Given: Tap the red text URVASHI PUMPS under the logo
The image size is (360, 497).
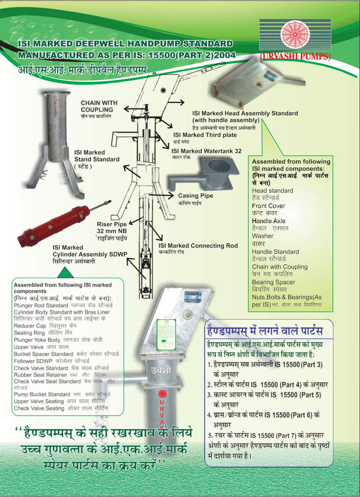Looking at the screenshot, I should pyautogui.click(x=295, y=57).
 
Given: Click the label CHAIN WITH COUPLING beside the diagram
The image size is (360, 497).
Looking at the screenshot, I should pyautogui.click(x=99, y=106).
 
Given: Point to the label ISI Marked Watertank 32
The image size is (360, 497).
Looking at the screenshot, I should pyautogui.click(x=206, y=151).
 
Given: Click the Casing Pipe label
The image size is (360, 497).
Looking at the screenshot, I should pyautogui.click(x=195, y=196).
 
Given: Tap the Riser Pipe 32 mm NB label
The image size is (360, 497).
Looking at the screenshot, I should pyautogui.click(x=112, y=227).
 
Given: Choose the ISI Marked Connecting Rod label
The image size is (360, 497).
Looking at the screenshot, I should pyautogui.click(x=198, y=246).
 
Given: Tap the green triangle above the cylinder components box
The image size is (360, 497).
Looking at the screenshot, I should pyautogui.click(x=64, y=273).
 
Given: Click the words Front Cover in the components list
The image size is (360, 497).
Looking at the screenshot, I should pyautogui.click(x=268, y=206).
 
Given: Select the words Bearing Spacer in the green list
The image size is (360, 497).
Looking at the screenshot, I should pyautogui.click(x=273, y=282).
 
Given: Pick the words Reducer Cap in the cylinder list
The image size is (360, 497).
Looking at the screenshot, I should pyautogui.click(x=30, y=326).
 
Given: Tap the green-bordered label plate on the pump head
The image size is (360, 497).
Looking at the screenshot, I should pyautogui.click(x=166, y=334).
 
